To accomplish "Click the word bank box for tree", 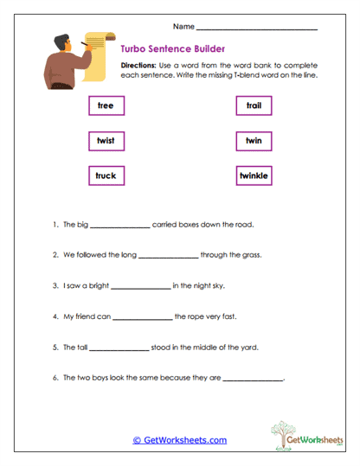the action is pyautogui.click(x=106, y=105).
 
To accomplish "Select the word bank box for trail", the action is pyautogui.click(x=254, y=105).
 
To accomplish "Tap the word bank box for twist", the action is pyautogui.click(x=106, y=140).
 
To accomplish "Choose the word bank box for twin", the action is pyautogui.click(x=254, y=140).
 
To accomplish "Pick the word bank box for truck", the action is pyautogui.click(x=106, y=176).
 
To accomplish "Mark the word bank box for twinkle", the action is pyautogui.click(x=254, y=176).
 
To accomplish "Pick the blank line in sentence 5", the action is pyautogui.click(x=119, y=349).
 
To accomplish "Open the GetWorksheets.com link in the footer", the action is pyautogui.click(x=179, y=440).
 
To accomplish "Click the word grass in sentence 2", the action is pyautogui.click(x=250, y=255).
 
